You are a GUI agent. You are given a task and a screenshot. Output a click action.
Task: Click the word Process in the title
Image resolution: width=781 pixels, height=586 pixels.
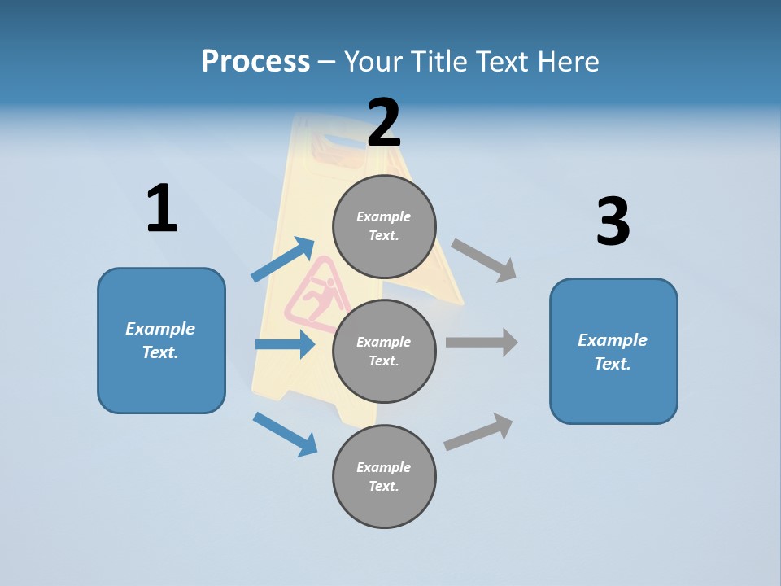(x=255, y=62)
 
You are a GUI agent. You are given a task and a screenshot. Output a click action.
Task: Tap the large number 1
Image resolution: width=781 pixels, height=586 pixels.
(x=162, y=208)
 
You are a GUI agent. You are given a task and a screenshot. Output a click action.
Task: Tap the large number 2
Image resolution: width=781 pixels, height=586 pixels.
(x=384, y=122)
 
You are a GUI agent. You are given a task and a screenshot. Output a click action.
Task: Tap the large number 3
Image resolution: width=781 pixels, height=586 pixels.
(x=613, y=222)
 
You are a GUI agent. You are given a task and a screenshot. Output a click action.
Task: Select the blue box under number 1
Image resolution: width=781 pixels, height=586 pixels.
(x=161, y=340)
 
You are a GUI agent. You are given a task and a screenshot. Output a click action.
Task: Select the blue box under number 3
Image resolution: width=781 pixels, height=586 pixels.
(x=613, y=351)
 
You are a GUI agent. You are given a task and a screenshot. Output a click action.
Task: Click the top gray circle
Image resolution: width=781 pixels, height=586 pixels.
(x=384, y=226)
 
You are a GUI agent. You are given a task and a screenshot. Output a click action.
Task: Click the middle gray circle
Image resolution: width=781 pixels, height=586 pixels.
(x=384, y=351)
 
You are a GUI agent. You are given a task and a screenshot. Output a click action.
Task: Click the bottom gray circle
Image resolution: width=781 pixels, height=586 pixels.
(x=384, y=476)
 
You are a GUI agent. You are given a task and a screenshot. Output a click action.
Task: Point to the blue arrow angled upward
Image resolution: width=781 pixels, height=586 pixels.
(x=283, y=260)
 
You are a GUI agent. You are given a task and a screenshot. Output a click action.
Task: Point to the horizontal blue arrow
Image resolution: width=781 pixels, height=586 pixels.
(x=285, y=345)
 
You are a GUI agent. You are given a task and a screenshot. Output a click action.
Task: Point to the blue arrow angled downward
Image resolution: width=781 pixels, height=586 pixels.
(x=285, y=434)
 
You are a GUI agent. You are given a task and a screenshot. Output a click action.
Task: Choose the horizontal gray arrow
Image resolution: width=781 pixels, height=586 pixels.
(x=482, y=342)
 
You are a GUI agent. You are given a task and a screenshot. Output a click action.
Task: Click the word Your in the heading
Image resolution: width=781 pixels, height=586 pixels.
(x=372, y=62)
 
